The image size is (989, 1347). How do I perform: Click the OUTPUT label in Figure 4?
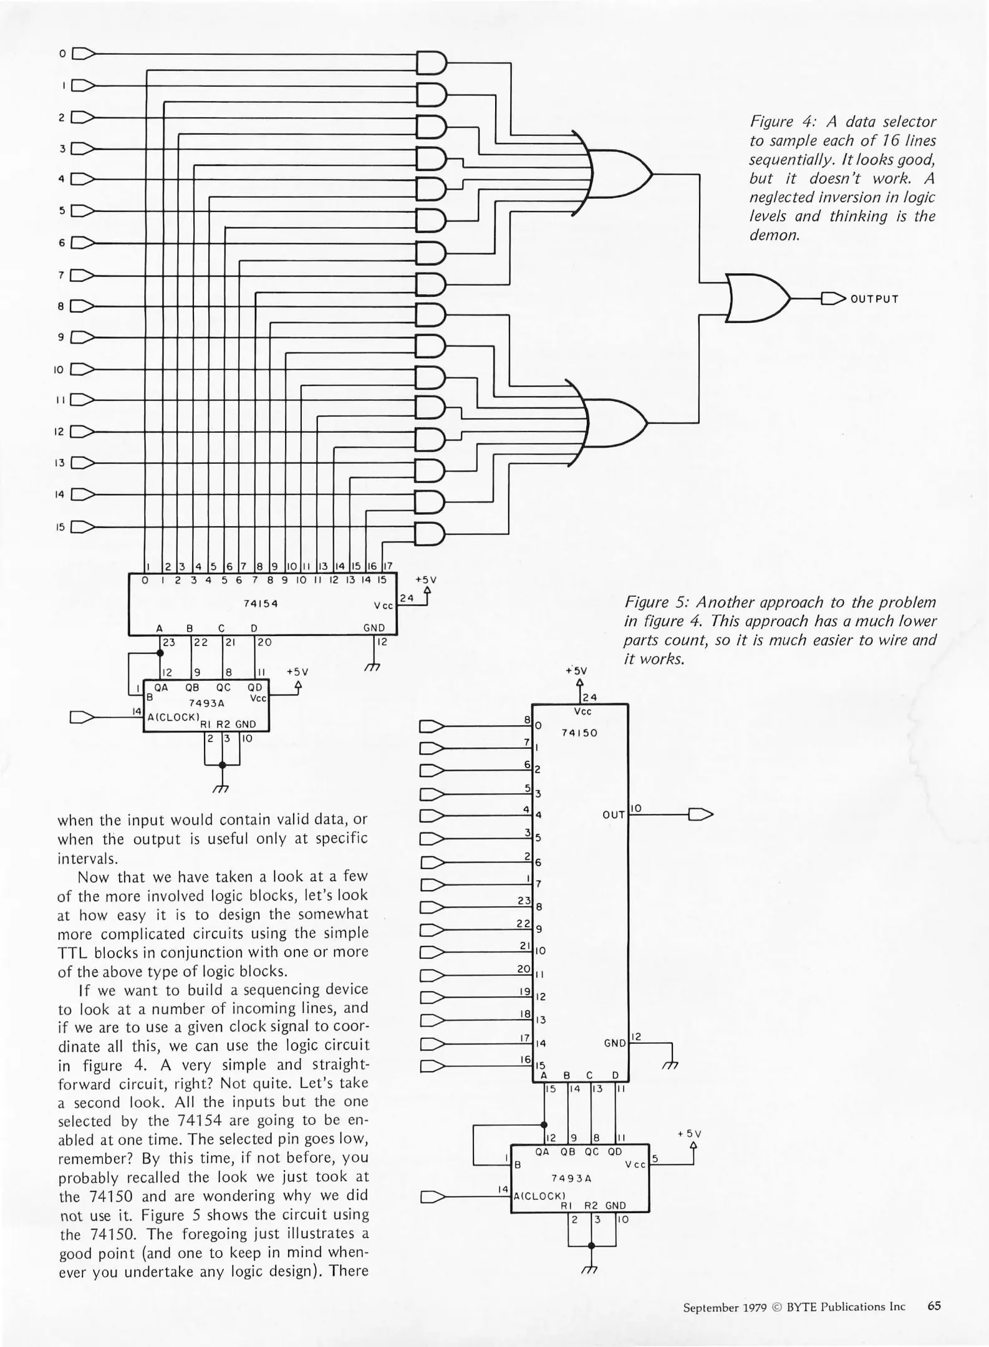[x=874, y=299]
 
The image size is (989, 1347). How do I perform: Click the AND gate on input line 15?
[x=430, y=534]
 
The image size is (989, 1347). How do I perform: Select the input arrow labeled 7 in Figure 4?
[x=83, y=275]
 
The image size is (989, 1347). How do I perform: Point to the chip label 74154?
[x=261, y=604]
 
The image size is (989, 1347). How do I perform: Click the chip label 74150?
[x=579, y=733]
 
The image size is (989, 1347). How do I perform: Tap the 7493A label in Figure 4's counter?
[x=206, y=703]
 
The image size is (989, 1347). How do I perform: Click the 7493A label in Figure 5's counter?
[x=571, y=1178]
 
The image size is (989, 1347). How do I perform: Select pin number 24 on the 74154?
[x=407, y=598]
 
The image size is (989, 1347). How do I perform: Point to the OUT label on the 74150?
[x=614, y=815]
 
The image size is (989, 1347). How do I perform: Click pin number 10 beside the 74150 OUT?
[x=636, y=809]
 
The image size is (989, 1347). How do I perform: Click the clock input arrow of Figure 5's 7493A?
[x=432, y=1196]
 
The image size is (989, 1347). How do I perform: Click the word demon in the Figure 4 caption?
[x=773, y=236]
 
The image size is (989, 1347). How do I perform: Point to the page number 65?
[x=934, y=1306]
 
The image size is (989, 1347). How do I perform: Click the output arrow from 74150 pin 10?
[x=700, y=814]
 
